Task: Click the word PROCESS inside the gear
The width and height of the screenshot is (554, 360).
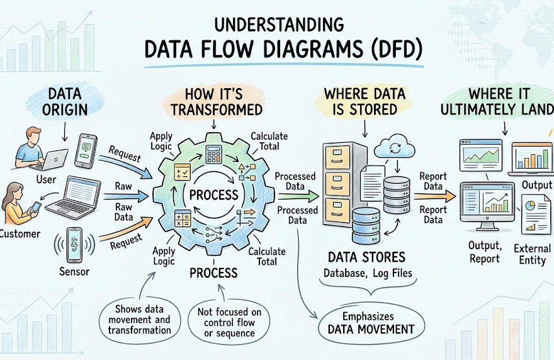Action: (x=214, y=195)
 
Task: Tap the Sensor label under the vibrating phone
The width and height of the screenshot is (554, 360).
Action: (x=74, y=271)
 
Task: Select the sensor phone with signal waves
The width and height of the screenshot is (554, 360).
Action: (x=74, y=245)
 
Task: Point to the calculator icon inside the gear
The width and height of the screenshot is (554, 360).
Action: (x=213, y=154)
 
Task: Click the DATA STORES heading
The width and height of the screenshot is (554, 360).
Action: (x=366, y=257)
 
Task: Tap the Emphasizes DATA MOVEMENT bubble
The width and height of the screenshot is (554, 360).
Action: (x=371, y=323)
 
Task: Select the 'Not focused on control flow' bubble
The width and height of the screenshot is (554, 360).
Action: (x=229, y=322)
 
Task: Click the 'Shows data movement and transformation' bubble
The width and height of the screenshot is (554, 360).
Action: (x=140, y=320)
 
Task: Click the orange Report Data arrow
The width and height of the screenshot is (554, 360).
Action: (x=435, y=196)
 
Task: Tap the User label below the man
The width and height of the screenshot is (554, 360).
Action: (x=47, y=179)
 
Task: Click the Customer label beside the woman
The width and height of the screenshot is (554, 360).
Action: (x=20, y=233)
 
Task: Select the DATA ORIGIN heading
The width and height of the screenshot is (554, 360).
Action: (x=65, y=102)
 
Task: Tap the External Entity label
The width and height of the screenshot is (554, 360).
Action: (x=532, y=254)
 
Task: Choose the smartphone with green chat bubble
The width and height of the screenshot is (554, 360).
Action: (x=86, y=150)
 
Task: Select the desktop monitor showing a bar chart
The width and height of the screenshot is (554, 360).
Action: (x=487, y=206)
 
